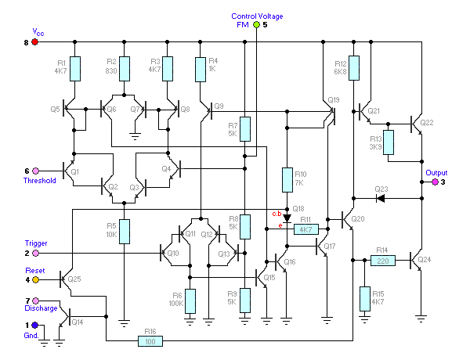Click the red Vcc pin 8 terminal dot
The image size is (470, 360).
(34, 41)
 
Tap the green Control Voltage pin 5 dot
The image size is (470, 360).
(255, 25)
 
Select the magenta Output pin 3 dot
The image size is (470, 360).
(436, 182)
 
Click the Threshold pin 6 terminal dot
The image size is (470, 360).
(34, 171)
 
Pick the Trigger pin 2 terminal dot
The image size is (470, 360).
(34, 253)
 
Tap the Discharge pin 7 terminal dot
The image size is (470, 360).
(34, 301)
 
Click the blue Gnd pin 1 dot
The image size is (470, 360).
(34, 325)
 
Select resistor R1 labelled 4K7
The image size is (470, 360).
(74, 69)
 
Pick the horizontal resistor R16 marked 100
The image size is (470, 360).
(150, 341)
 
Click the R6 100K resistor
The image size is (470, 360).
(190, 301)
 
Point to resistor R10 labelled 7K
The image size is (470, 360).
(287, 180)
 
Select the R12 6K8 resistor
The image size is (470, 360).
(353, 67)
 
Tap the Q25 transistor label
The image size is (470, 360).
(75, 279)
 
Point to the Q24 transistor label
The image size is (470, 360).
(425, 259)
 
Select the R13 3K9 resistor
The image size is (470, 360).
(388, 142)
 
